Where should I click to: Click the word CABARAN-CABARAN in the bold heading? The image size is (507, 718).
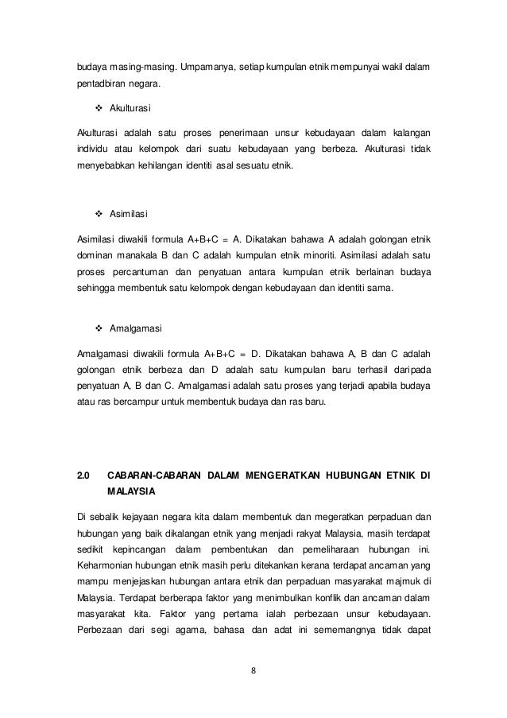tap(152, 475)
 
